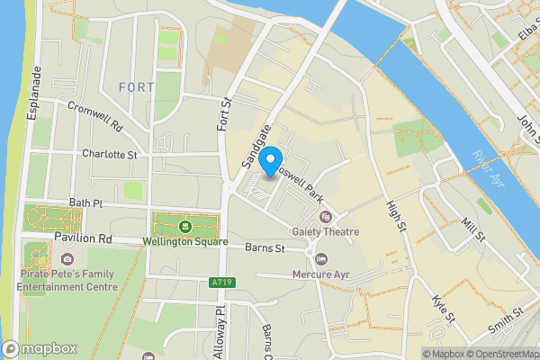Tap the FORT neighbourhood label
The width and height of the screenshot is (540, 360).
136,87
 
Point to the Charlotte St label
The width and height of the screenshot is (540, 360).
109,155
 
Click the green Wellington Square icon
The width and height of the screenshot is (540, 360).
185,225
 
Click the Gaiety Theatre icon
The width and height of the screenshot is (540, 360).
325,216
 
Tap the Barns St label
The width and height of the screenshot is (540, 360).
266,247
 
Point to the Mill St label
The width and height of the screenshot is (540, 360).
473,229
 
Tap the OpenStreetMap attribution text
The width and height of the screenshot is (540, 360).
497,353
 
